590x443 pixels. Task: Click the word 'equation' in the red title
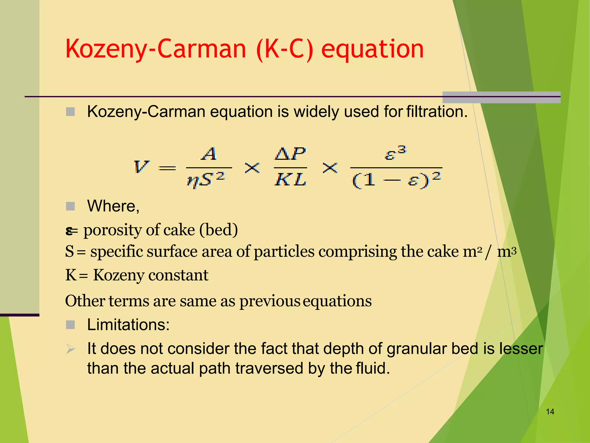[x=372, y=49]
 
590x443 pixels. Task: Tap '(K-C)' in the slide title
[x=284, y=49]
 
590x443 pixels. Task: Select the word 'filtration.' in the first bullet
[x=437, y=112]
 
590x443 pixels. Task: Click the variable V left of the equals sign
[x=141, y=167]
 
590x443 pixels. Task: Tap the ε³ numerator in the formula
[x=396, y=153]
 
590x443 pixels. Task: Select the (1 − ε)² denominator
[x=396, y=180]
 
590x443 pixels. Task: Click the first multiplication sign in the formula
[x=252, y=168]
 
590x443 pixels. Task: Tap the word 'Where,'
[x=113, y=206]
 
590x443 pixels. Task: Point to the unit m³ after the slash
[x=507, y=251]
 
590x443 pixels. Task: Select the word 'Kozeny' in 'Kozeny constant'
[x=118, y=275]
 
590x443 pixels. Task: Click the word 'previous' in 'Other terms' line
[x=270, y=301]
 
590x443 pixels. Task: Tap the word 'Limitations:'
[x=128, y=325]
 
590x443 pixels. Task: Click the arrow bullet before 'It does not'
[x=70, y=349]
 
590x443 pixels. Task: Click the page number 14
[x=550, y=412]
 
